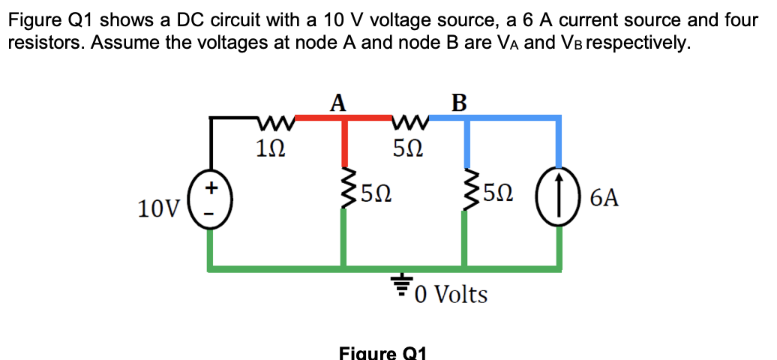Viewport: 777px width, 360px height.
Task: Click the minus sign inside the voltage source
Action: click(211, 217)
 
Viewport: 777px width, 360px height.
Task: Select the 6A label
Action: click(604, 198)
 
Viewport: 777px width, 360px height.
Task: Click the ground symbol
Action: click(402, 283)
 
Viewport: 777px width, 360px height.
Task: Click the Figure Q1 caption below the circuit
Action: click(382, 352)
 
